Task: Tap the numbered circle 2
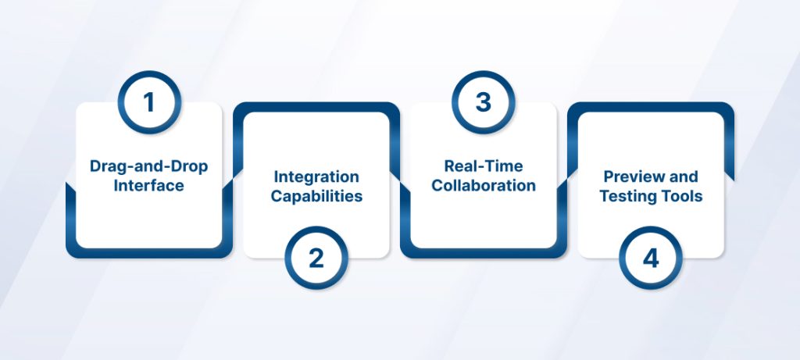point(316,258)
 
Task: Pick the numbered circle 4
point(651,258)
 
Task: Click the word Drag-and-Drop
point(148,167)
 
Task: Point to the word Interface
point(148,186)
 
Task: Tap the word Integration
point(316,177)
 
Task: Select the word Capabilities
point(316,196)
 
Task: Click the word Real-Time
point(484,167)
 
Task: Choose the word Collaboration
point(484,186)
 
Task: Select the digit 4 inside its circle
point(651,258)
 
